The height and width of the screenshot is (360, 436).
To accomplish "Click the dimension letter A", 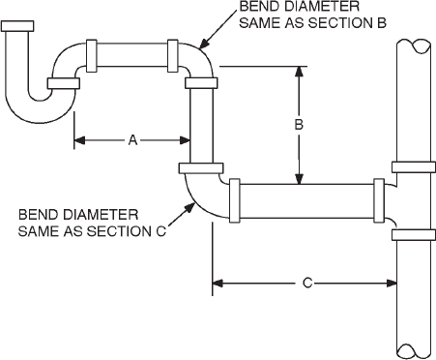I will (132, 139).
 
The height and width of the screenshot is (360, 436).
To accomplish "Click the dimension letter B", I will (300, 124).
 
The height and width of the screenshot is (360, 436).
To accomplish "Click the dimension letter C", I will (305, 283).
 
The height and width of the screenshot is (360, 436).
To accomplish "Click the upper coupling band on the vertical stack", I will (410, 164).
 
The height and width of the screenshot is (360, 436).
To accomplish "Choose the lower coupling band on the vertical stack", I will (410, 233).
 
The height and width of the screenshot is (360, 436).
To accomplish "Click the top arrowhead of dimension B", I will (300, 71).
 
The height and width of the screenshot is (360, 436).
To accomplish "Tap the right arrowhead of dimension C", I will (391, 283).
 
